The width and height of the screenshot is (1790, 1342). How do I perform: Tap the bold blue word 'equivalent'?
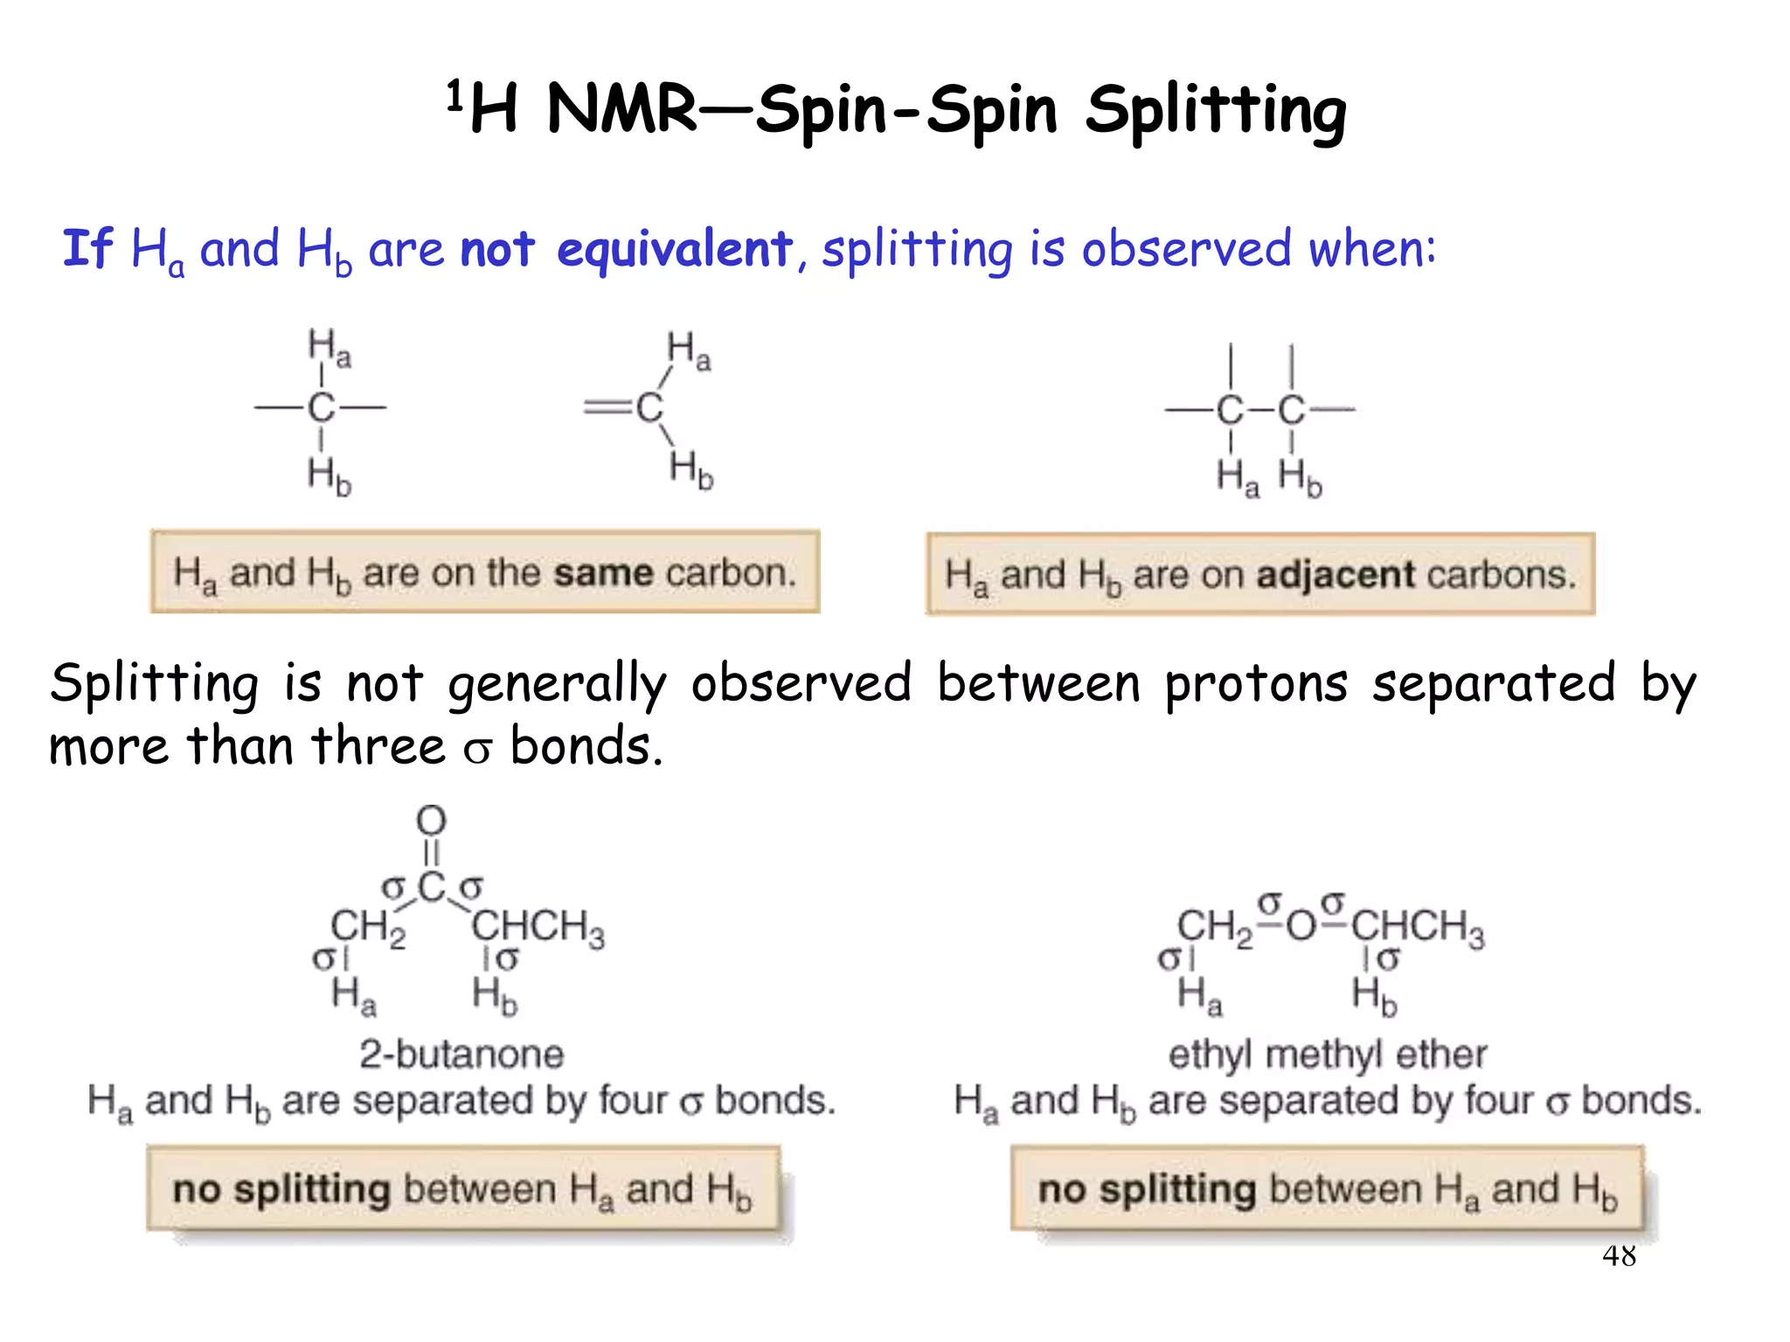pos(674,249)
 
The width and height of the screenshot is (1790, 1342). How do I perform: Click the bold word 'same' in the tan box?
pos(603,573)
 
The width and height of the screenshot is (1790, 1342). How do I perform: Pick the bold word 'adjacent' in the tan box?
pos(1336,575)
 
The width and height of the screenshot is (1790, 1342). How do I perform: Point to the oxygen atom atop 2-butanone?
pos(431,820)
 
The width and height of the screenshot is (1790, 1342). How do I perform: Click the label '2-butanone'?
pos(461,1055)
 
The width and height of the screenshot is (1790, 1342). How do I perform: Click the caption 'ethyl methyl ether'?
pos(1327,1055)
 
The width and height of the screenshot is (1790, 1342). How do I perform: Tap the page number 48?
pos(1619,1256)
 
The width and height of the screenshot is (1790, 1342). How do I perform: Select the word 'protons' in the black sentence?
pos(1256,683)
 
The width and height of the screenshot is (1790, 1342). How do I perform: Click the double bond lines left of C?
pos(607,407)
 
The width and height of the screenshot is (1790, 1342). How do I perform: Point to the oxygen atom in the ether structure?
pos(1301,925)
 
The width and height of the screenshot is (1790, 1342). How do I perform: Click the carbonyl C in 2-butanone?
pos(432,888)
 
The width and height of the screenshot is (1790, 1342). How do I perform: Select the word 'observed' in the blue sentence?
pos(1186,249)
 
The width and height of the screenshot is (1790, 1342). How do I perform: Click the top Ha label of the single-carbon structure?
pos(329,347)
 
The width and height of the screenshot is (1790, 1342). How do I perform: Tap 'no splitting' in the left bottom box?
pos(281,1190)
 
